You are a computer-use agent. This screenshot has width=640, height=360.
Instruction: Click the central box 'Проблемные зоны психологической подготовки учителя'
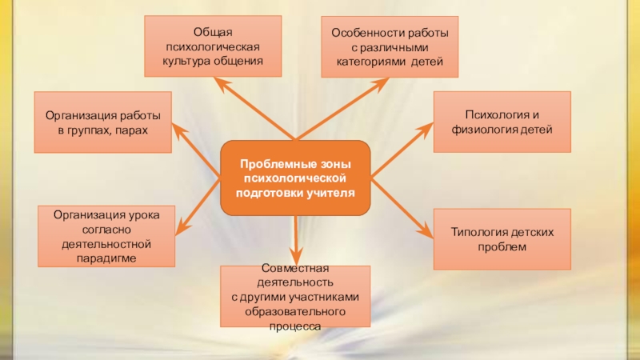point(295,178)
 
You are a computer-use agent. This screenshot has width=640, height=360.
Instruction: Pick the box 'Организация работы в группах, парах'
point(102,122)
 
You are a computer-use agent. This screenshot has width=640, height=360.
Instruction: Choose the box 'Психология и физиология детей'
point(502,122)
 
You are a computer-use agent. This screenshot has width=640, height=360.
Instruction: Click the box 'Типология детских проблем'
point(502,238)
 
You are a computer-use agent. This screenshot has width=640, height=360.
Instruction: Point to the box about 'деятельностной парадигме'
point(106,237)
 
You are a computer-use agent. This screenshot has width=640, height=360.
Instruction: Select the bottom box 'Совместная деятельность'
point(295,296)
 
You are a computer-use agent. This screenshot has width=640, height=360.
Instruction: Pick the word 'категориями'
point(372,61)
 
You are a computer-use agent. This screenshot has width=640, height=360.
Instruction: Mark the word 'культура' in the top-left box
point(187,60)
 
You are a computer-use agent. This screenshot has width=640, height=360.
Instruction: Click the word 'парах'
point(132,130)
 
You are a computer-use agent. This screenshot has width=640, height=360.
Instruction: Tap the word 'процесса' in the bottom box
point(295,326)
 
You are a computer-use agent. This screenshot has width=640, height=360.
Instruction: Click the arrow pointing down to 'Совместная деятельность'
point(295,240)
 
